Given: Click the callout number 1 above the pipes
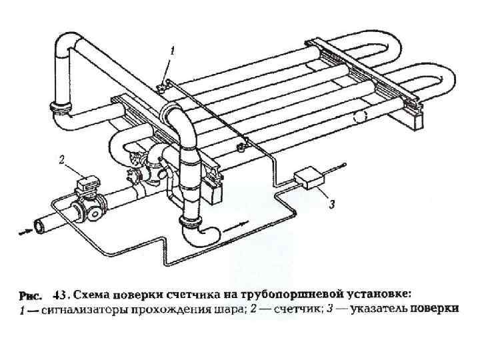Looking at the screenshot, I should (173, 50).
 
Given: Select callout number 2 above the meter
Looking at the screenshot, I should (61, 160).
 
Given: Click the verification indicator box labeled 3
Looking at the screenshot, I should (309, 177).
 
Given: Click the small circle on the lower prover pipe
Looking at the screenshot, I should (361, 116).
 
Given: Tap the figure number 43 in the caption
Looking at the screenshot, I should (59, 294).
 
